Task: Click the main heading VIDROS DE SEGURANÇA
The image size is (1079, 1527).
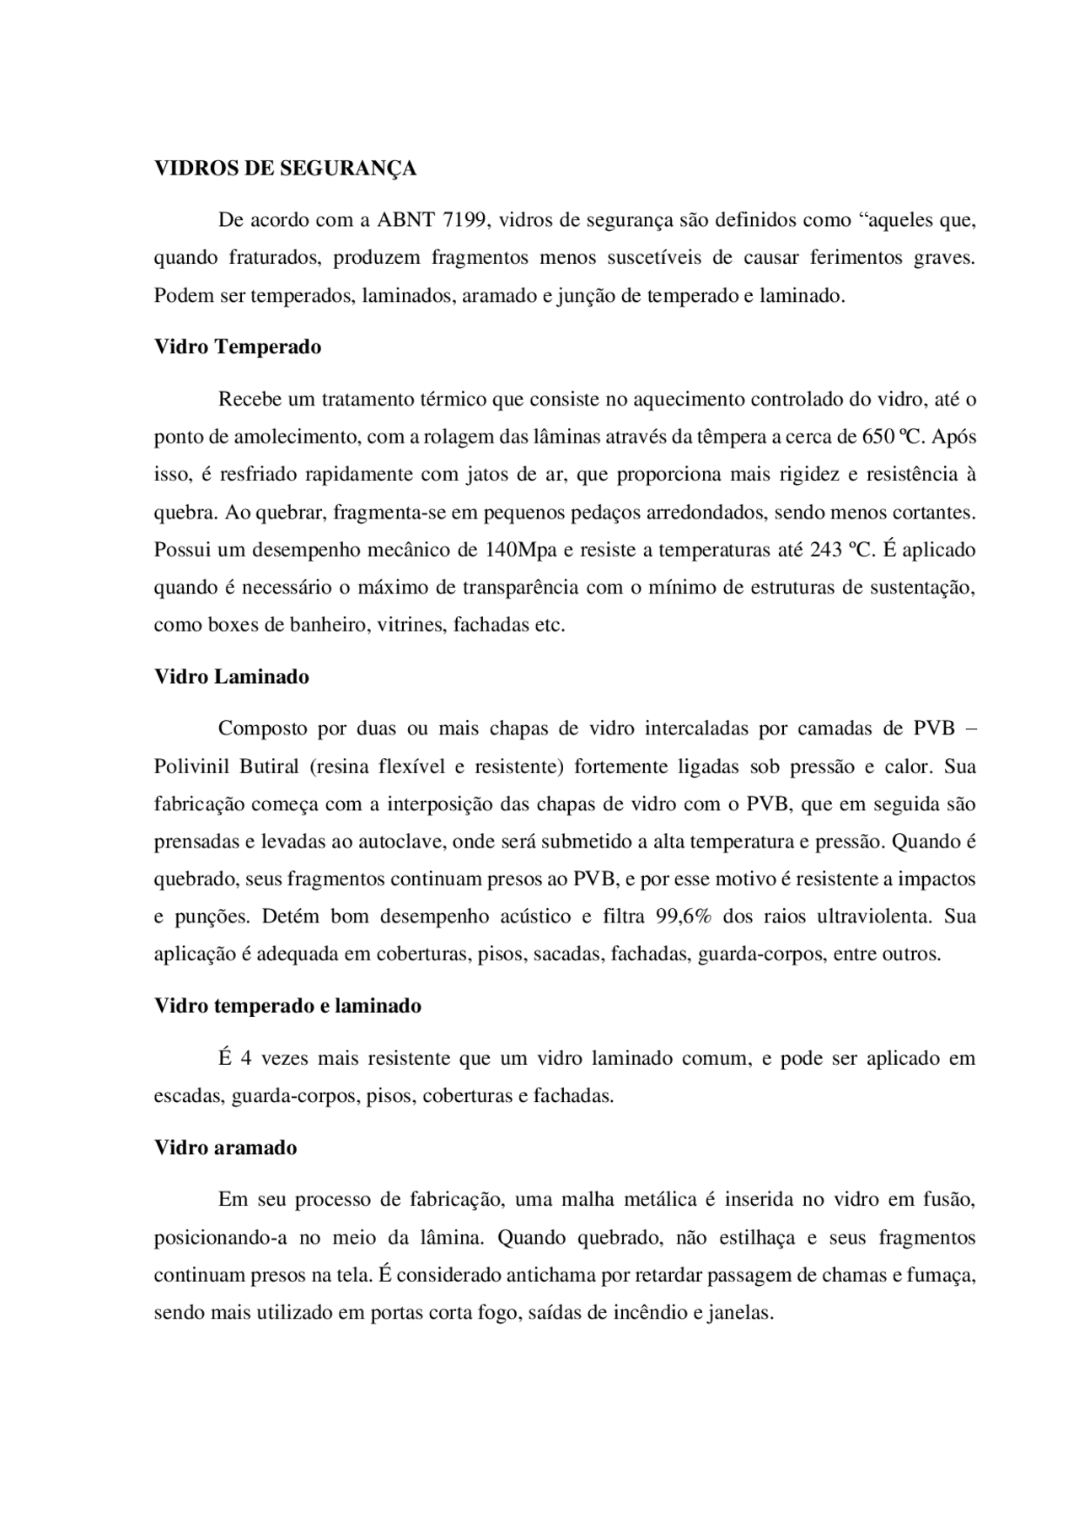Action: pos(285,169)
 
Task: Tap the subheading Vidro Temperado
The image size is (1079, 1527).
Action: pos(238,347)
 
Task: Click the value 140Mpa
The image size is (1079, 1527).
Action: pos(515,551)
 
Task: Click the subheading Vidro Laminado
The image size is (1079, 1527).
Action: pos(232,677)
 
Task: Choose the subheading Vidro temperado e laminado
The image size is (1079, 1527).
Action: pos(287,1006)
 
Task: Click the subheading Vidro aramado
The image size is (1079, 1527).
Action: pos(225,1148)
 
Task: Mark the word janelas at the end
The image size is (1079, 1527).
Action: pos(743,1313)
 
